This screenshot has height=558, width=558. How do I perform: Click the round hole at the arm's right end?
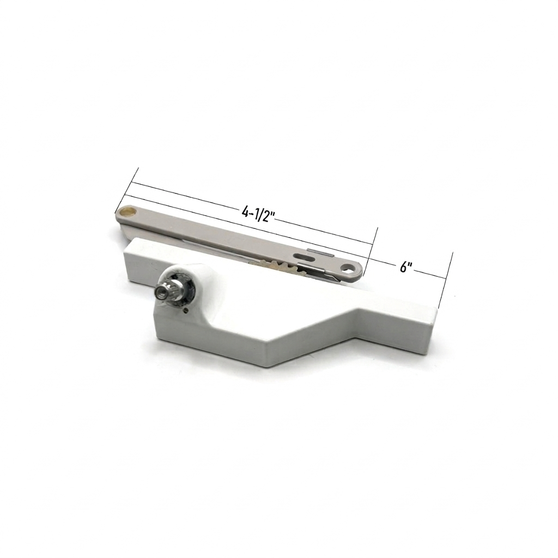coord(347,267)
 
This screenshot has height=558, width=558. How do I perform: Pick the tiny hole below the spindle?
coord(186,310)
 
